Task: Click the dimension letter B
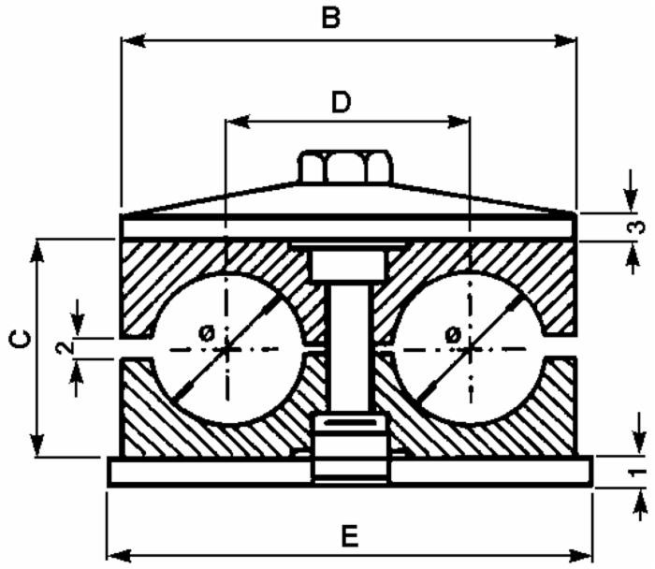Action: pos(329,17)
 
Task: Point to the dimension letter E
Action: pos(349,536)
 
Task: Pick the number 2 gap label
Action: pos(63,348)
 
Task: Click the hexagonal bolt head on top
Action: pos(343,167)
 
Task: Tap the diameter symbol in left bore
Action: pos(207,332)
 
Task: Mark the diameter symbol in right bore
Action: pos(452,332)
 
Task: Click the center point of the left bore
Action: pos(226,349)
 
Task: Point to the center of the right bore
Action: pos(468,349)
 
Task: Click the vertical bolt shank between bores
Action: pos(349,351)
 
